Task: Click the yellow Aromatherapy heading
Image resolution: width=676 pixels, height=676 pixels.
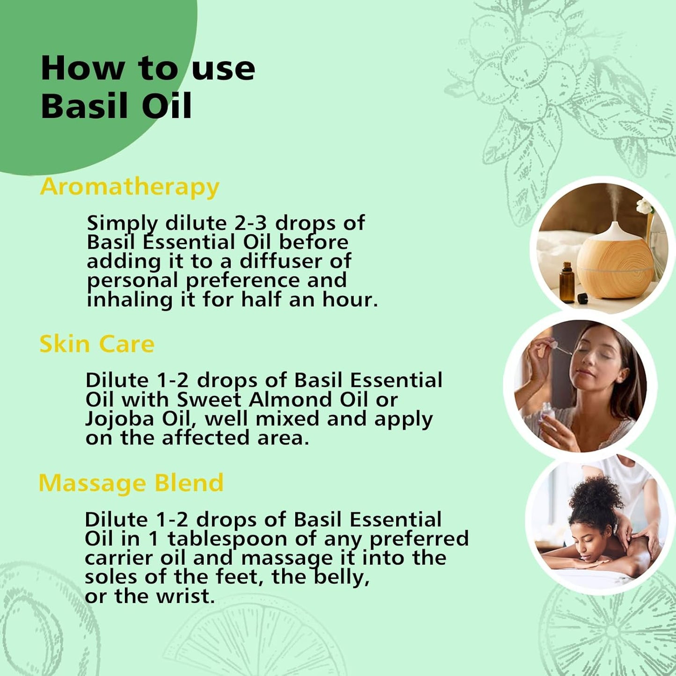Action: tap(130, 187)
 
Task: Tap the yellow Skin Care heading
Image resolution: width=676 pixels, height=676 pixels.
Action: tap(97, 344)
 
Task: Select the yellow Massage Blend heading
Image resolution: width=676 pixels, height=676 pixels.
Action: tap(131, 483)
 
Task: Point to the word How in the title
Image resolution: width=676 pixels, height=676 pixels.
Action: tap(83, 69)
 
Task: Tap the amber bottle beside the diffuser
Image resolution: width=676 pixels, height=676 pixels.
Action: tap(567, 283)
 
